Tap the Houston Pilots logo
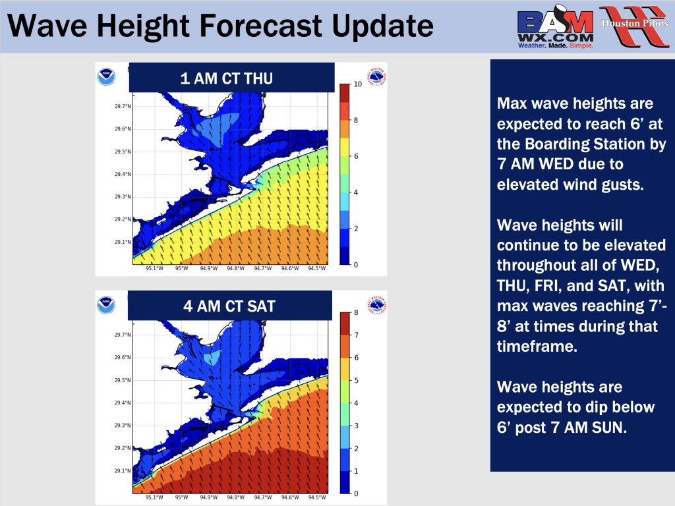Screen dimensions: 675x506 pyautogui.click(x=635, y=26)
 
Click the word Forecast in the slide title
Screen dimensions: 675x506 pyautogui.click(x=262, y=26)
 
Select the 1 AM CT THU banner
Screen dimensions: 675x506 pyautogui.click(x=231, y=78)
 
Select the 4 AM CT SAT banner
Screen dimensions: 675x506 pyautogui.click(x=230, y=306)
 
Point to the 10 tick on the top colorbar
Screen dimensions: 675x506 pyautogui.click(x=358, y=84)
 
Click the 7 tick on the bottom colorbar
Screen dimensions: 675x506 pyautogui.click(x=356, y=335)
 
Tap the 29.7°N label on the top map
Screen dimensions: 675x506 pyautogui.click(x=123, y=106)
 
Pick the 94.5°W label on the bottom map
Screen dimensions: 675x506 pyautogui.click(x=317, y=497)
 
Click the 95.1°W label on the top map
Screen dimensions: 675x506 pyautogui.click(x=154, y=268)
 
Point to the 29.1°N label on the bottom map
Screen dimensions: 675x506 pyautogui.click(x=123, y=470)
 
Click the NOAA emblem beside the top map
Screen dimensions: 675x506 pyautogui.click(x=106, y=77)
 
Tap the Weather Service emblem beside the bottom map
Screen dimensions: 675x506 pyautogui.click(x=376, y=305)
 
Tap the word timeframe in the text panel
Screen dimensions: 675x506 pyautogui.click(x=537, y=347)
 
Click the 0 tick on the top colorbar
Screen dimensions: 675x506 pyautogui.click(x=355, y=265)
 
